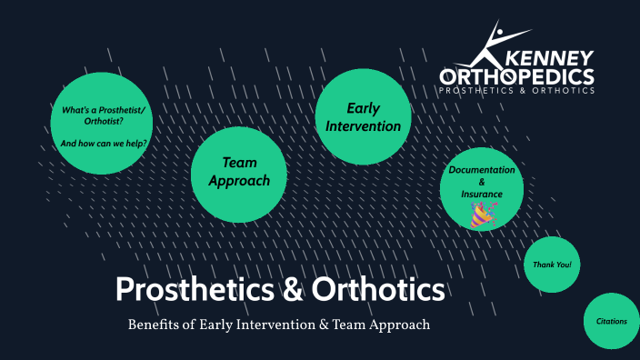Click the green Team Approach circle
pyautogui.click(x=239, y=172)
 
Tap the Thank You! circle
pyautogui.click(x=553, y=265)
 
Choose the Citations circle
pyautogui.click(x=611, y=321)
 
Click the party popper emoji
pyautogui.click(x=481, y=214)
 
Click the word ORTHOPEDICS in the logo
pyautogui.click(x=516, y=75)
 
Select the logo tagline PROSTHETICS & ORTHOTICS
pyautogui.click(x=516, y=91)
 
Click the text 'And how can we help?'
pyautogui.click(x=104, y=144)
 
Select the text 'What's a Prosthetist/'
pyautogui.click(x=103, y=110)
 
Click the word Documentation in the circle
pyautogui.click(x=481, y=170)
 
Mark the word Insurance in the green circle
pyautogui.click(x=481, y=194)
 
